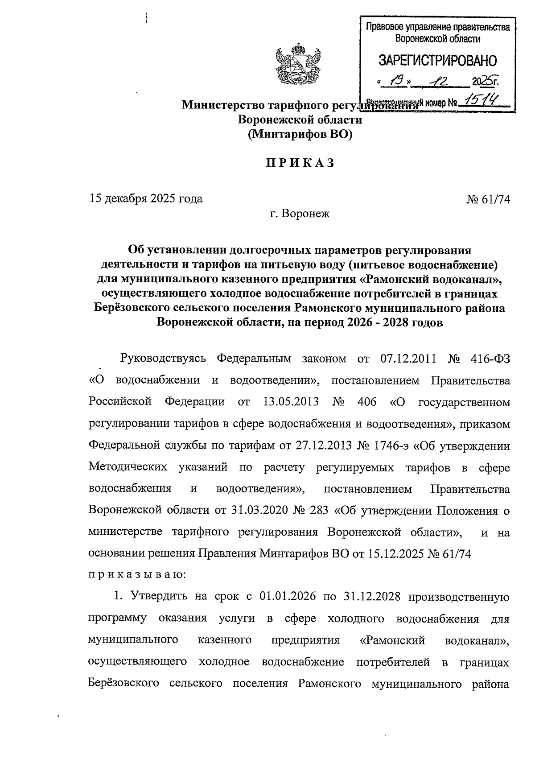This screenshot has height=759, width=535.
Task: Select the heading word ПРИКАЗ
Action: click(x=300, y=163)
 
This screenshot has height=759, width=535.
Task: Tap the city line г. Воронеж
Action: click(x=299, y=214)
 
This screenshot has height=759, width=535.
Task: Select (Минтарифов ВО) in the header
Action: click(x=300, y=134)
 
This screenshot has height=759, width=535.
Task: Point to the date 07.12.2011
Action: click(x=408, y=359)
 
